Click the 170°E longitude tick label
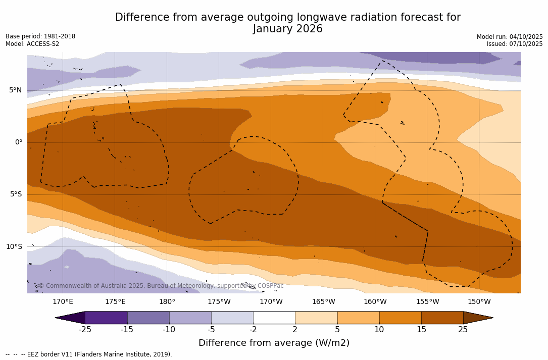click(x=63, y=302)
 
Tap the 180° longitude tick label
click(x=167, y=302)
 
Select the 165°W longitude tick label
click(x=323, y=302)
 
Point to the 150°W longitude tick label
click(x=479, y=302)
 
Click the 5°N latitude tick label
click(x=15, y=90)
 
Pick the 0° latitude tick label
click(x=18, y=142)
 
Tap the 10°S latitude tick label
click(x=14, y=247)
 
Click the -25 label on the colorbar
click(x=85, y=330)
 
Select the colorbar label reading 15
click(x=421, y=330)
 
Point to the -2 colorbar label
click(x=253, y=330)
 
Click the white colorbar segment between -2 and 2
click(x=274, y=318)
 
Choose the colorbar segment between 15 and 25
click(x=442, y=318)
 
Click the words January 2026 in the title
click(x=288, y=29)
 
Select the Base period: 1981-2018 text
click(x=40, y=36)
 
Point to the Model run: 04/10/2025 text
click(x=510, y=37)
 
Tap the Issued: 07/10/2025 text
click(x=515, y=44)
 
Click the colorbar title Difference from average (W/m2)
click(x=274, y=343)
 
